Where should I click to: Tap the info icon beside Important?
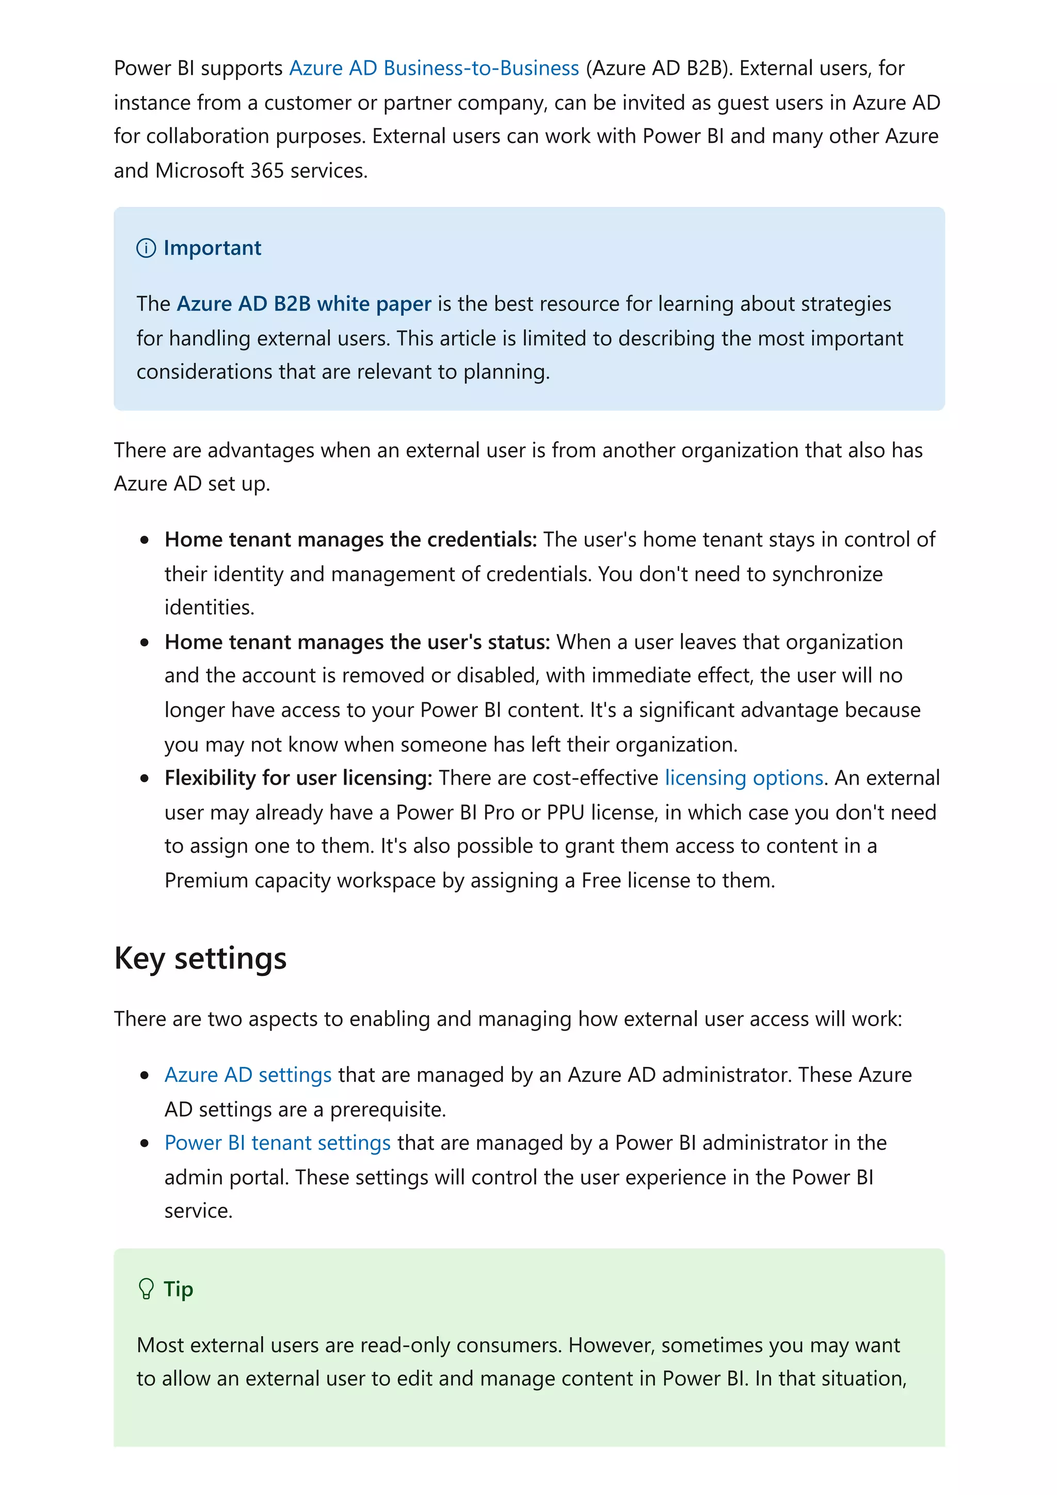point(146,248)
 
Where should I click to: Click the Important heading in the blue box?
point(212,248)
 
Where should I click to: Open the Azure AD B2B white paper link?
point(303,304)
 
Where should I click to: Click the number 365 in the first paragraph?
point(267,171)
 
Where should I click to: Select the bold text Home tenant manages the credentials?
point(350,540)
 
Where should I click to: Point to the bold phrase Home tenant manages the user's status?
point(357,642)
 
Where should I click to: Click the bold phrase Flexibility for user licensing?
point(298,778)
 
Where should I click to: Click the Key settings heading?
point(200,958)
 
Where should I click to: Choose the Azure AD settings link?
point(248,1075)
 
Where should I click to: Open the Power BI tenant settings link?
point(278,1143)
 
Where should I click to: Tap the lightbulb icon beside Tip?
point(146,1289)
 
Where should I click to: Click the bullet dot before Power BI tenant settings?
point(145,1143)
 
